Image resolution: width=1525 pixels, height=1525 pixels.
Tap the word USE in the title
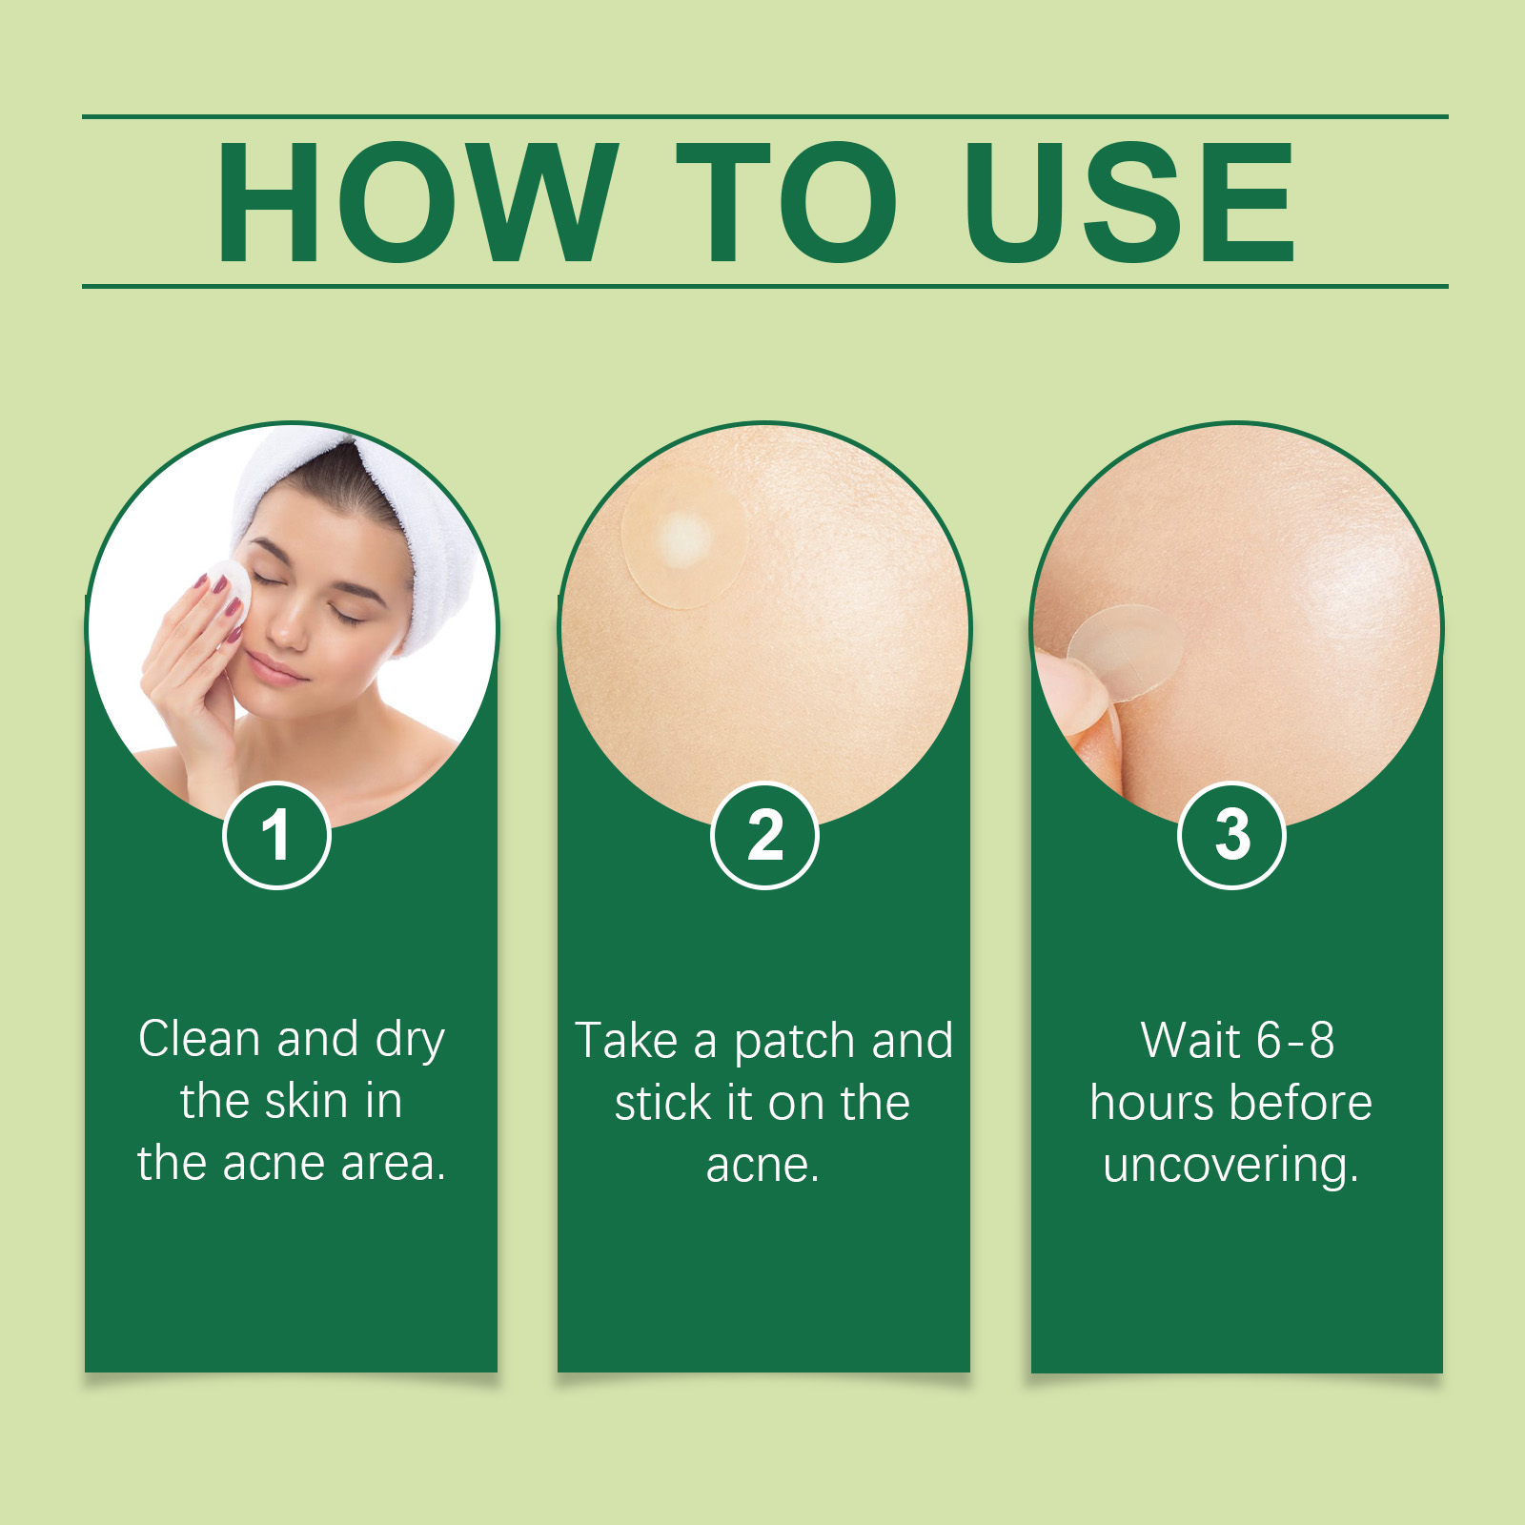point(1130,202)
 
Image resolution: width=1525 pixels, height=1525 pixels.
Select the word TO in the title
point(786,202)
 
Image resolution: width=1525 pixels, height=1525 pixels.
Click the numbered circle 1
point(276,835)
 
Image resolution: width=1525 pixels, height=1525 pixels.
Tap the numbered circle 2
point(764,835)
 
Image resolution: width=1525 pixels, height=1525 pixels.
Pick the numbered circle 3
point(1231,835)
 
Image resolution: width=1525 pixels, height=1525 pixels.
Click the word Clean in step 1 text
point(199,1039)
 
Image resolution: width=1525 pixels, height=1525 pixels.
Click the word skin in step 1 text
point(306,1101)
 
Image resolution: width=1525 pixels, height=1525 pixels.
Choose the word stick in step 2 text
point(662,1103)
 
